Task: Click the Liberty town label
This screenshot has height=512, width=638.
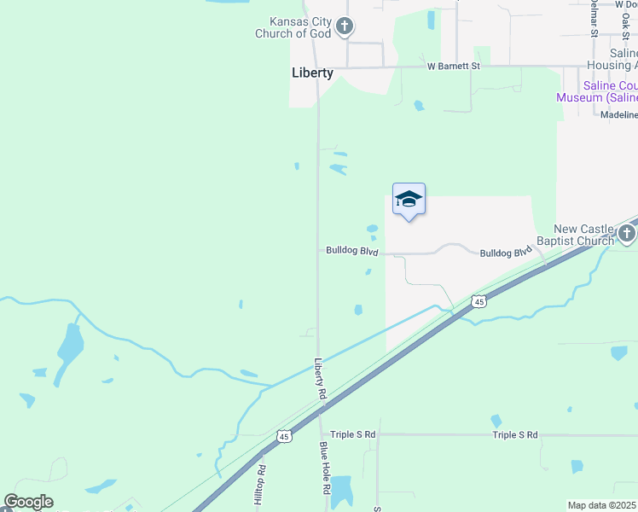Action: [312, 73]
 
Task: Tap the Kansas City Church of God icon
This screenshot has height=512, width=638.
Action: [345, 27]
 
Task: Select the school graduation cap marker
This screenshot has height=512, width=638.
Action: [409, 200]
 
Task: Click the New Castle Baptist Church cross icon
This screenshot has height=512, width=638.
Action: [627, 234]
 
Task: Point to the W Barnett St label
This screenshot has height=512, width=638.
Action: [454, 66]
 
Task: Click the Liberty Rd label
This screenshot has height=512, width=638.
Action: [321, 379]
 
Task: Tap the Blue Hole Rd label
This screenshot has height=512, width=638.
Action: [325, 468]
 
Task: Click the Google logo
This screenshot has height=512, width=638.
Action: [28, 502]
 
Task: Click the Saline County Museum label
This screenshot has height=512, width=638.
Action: [597, 91]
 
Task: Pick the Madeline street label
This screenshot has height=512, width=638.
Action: [619, 115]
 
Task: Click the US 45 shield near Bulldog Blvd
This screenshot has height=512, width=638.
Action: [479, 301]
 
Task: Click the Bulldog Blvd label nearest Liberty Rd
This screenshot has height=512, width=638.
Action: [351, 251]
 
